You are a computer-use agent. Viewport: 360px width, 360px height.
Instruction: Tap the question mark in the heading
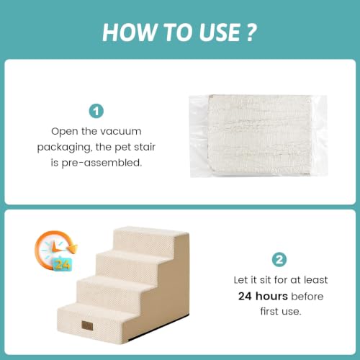tap(251, 32)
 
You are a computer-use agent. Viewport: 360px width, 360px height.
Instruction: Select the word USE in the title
tap(220, 32)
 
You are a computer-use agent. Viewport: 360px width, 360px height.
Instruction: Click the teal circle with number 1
tap(96, 111)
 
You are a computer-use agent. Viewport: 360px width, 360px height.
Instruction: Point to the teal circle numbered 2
tap(279, 259)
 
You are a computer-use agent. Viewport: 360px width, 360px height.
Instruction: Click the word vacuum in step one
tap(121, 132)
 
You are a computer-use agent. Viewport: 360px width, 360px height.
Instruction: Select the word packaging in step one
tap(65, 148)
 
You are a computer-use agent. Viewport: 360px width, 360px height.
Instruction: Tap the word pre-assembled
tap(102, 163)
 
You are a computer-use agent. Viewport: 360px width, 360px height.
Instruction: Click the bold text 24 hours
tap(263, 296)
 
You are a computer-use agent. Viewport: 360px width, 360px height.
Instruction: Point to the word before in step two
tap(307, 297)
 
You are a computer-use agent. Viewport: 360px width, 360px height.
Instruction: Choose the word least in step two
tap(316, 280)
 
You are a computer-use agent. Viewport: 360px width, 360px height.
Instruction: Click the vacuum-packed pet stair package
tap(258, 136)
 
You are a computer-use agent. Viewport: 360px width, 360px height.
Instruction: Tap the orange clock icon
tap(55, 251)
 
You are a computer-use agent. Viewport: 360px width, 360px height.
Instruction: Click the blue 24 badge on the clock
tap(63, 264)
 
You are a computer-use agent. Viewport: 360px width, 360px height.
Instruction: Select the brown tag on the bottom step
tap(87, 325)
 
